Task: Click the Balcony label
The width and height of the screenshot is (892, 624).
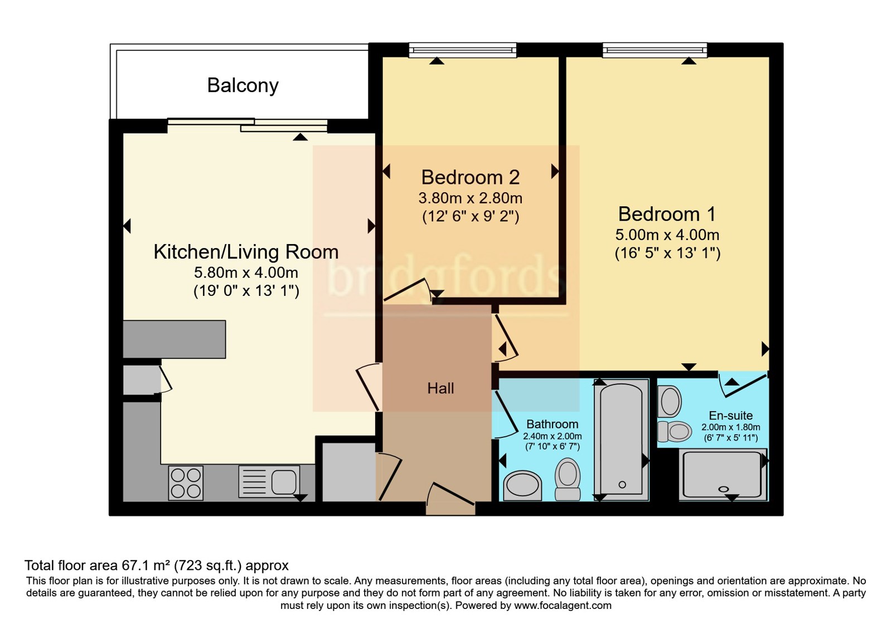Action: click(243, 86)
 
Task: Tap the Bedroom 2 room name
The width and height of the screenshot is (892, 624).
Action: click(471, 178)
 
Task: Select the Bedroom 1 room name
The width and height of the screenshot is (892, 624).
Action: click(667, 214)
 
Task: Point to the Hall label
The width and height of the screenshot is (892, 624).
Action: click(440, 388)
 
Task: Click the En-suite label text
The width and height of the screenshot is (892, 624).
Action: click(731, 416)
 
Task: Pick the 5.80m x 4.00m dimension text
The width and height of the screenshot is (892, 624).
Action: click(246, 272)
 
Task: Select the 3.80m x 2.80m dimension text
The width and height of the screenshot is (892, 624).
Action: click(471, 198)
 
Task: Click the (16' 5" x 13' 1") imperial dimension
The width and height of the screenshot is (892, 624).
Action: click(667, 253)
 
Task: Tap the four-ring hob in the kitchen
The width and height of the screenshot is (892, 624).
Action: click(186, 482)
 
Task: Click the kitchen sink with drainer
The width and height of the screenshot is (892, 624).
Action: click(269, 481)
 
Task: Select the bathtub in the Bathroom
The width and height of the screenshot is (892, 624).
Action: click(621, 440)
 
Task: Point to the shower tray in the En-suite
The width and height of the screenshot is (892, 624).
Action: click(723, 474)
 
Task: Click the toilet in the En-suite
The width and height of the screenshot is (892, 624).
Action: click(675, 432)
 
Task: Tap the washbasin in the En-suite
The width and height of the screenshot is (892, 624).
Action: click(670, 402)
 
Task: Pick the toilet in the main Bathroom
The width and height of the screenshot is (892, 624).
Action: click(568, 479)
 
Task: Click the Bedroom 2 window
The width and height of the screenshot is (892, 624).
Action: click(463, 50)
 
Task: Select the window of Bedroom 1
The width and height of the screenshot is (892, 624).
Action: click(655, 50)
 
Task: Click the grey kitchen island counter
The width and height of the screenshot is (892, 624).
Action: click(174, 339)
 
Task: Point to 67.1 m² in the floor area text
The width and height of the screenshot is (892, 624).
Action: click(144, 565)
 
